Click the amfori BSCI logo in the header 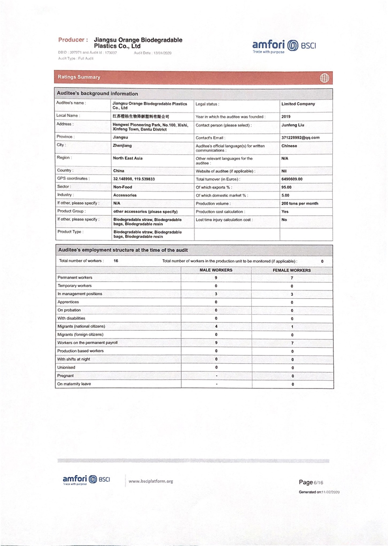tap(284, 47)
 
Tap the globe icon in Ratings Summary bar tap(324, 78)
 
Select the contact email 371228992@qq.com tap(300, 138)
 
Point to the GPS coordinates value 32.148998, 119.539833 tap(134, 179)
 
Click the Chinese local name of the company tap(141, 117)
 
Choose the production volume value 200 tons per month tap(300, 204)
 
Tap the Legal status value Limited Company tap(298, 104)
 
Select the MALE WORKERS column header tap(216, 270)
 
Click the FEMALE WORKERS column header tap(292, 270)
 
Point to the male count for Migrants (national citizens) tap(216, 326)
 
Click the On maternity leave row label tap(74, 384)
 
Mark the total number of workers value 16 tap(116, 261)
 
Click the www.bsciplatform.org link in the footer tap(150, 482)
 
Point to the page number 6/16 tap(318, 482)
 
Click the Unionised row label tap(66, 368)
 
